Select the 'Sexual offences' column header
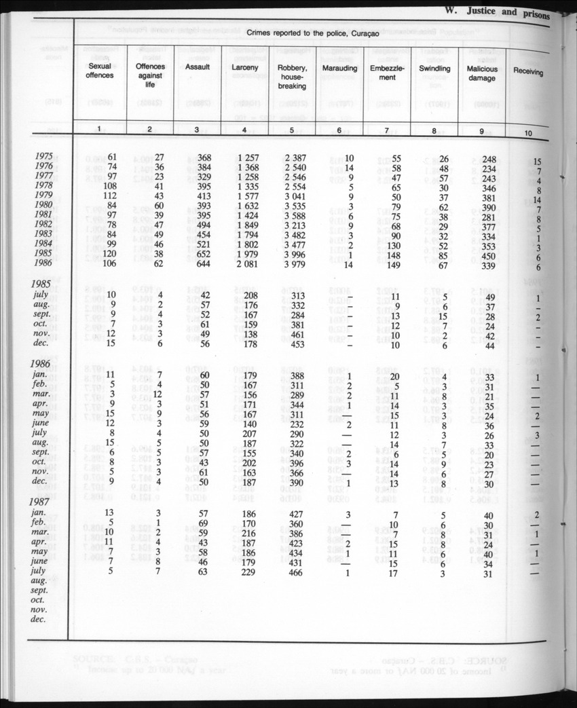(100, 71)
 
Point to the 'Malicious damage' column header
(482, 73)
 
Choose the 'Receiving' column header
(528, 71)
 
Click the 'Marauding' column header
(341, 69)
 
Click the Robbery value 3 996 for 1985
(293, 255)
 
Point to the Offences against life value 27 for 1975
(156, 159)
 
